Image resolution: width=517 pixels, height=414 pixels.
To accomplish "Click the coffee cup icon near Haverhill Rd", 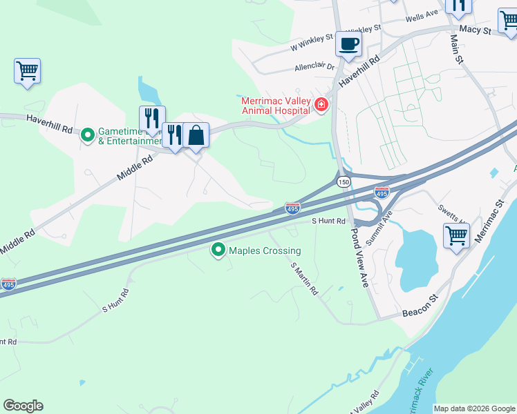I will pos(348,45).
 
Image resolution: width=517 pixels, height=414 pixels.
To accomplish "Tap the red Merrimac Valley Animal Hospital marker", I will pos(321,106).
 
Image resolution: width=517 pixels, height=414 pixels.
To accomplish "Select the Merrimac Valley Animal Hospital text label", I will pos(275,105).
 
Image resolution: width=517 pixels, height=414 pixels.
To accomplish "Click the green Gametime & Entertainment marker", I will pos(88,134).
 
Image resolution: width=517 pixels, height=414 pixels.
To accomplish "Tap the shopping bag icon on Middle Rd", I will pos(196,135).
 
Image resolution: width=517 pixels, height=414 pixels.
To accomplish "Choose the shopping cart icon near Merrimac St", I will pos(456,236).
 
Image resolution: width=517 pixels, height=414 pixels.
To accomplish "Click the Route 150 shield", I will pos(343,182).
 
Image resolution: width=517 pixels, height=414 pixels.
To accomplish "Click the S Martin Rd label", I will pos(304,279).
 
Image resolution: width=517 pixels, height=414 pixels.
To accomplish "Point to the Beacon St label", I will pos(420,308).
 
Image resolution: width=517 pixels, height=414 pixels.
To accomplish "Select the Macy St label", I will pos(475,30).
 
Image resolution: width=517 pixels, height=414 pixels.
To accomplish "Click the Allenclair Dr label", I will pos(314,67).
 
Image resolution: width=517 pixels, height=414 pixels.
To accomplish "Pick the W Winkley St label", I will pos(312,43).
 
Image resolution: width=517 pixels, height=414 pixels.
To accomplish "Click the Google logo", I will pos(23,406).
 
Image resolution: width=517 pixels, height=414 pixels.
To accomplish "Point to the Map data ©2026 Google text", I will pos(474,408).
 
